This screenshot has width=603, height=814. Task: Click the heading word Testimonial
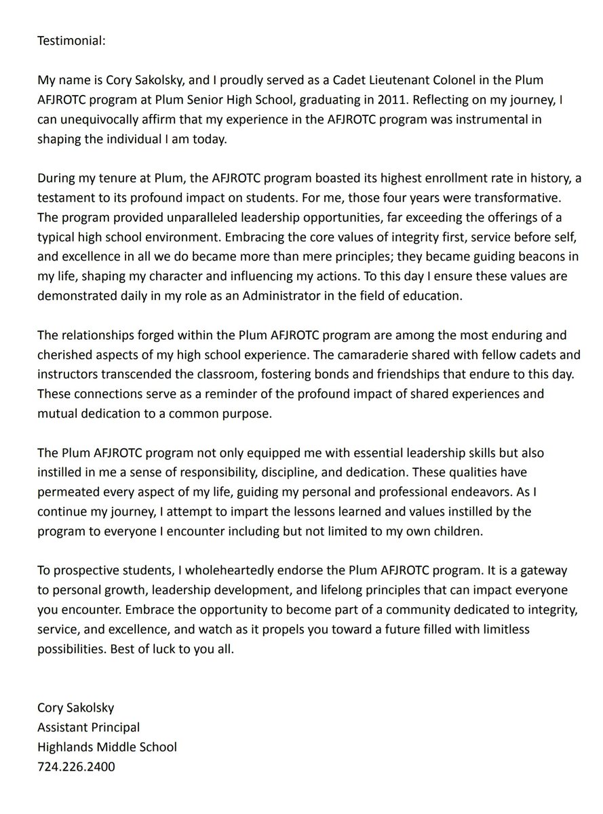(71, 41)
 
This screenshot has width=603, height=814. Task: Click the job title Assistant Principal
(88, 727)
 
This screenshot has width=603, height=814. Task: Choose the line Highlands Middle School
(106, 747)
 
